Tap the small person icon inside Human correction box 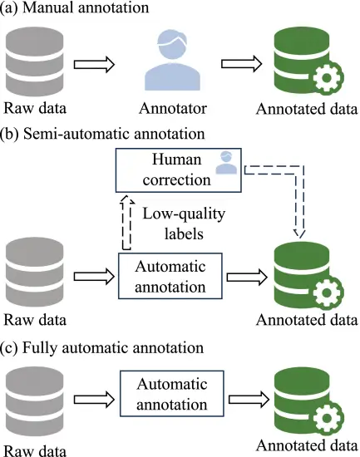pyautogui.click(x=222, y=164)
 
